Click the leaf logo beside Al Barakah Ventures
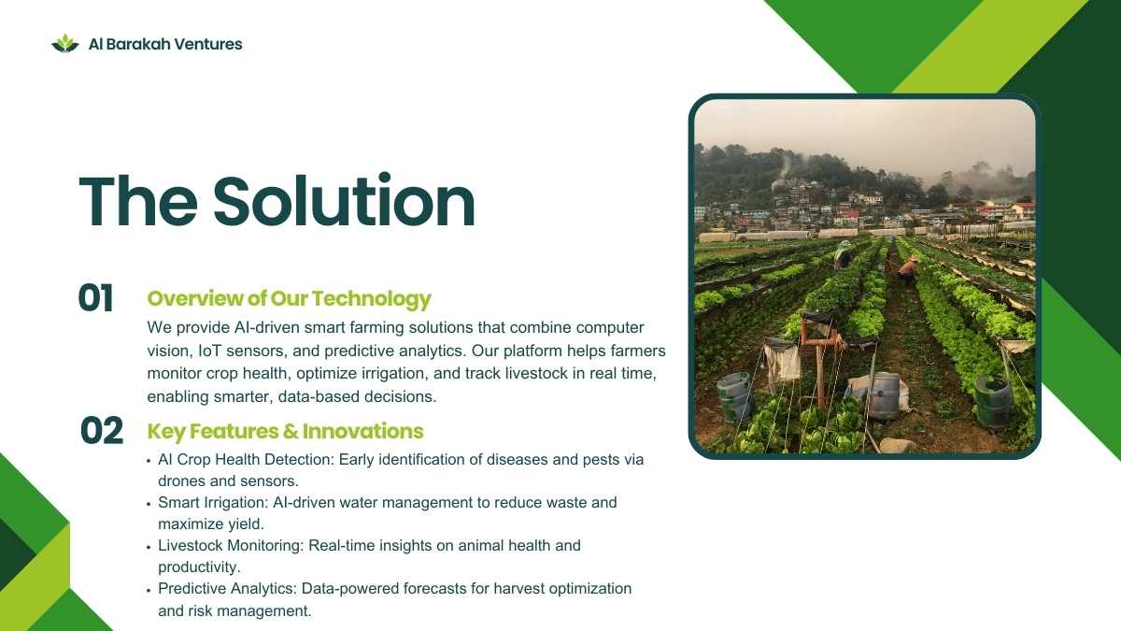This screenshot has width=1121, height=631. click(65, 44)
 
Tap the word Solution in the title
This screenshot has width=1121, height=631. click(345, 201)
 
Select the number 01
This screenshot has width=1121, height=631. click(95, 298)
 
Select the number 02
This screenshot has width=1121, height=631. click(102, 431)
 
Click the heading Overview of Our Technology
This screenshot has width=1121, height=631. click(289, 298)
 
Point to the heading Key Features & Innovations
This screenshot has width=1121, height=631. click(285, 431)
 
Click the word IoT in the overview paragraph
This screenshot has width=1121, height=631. click(209, 351)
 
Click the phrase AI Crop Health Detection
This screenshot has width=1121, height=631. click(245, 460)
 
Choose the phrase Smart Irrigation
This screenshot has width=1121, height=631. click(212, 502)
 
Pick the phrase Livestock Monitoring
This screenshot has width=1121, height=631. click(230, 545)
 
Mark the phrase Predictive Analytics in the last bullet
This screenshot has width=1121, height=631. click(227, 588)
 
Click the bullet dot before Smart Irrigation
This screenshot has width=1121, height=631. click(149, 504)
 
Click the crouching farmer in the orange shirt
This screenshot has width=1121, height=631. click(908, 271)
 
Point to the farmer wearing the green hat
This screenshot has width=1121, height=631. click(844, 255)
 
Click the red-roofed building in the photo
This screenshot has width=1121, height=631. click(1023, 209)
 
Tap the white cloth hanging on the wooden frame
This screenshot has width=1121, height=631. click(782, 361)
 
